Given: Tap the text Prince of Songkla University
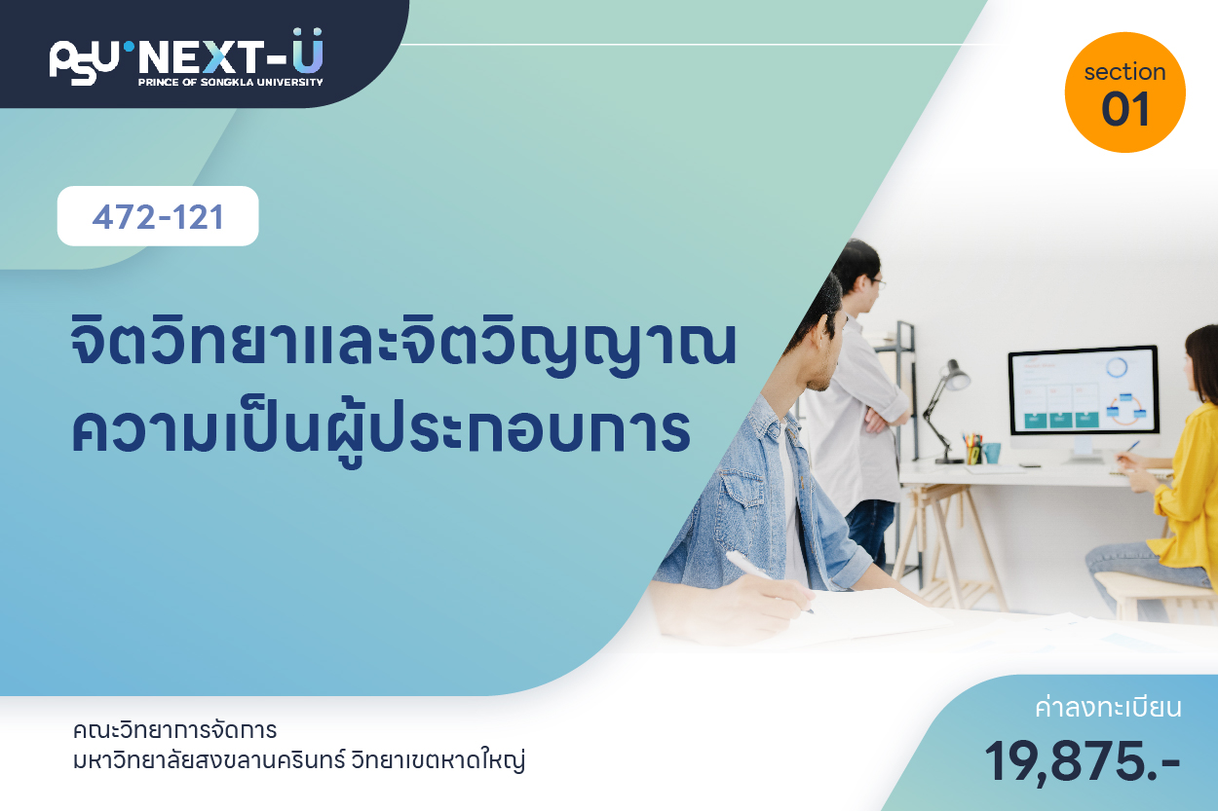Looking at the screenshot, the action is click(x=231, y=82).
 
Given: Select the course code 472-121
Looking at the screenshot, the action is click(x=158, y=217).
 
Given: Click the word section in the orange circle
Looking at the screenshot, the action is click(x=1124, y=72).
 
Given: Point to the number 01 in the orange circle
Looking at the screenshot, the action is click(x=1125, y=109).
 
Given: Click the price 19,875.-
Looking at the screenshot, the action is click(x=1082, y=762).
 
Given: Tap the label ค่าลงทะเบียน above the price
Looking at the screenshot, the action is click(x=1108, y=708).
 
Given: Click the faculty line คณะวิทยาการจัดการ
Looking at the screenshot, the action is click(x=174, y=730).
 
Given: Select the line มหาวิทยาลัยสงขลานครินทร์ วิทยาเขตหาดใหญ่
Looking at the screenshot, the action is click(x=299, y=760).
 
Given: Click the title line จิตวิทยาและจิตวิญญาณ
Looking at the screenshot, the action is click(x=403, y=343).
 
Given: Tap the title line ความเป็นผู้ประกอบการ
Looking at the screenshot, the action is click(x=381, y=432).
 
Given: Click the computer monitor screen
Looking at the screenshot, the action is click(x=1084, y=389).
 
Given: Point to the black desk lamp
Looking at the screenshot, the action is click(x=945, y=411).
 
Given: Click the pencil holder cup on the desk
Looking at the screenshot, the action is click(x=972, y=452).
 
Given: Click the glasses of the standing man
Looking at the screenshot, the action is click(x=877, y=282).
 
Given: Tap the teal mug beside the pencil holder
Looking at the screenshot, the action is click(x=991, y=453).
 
